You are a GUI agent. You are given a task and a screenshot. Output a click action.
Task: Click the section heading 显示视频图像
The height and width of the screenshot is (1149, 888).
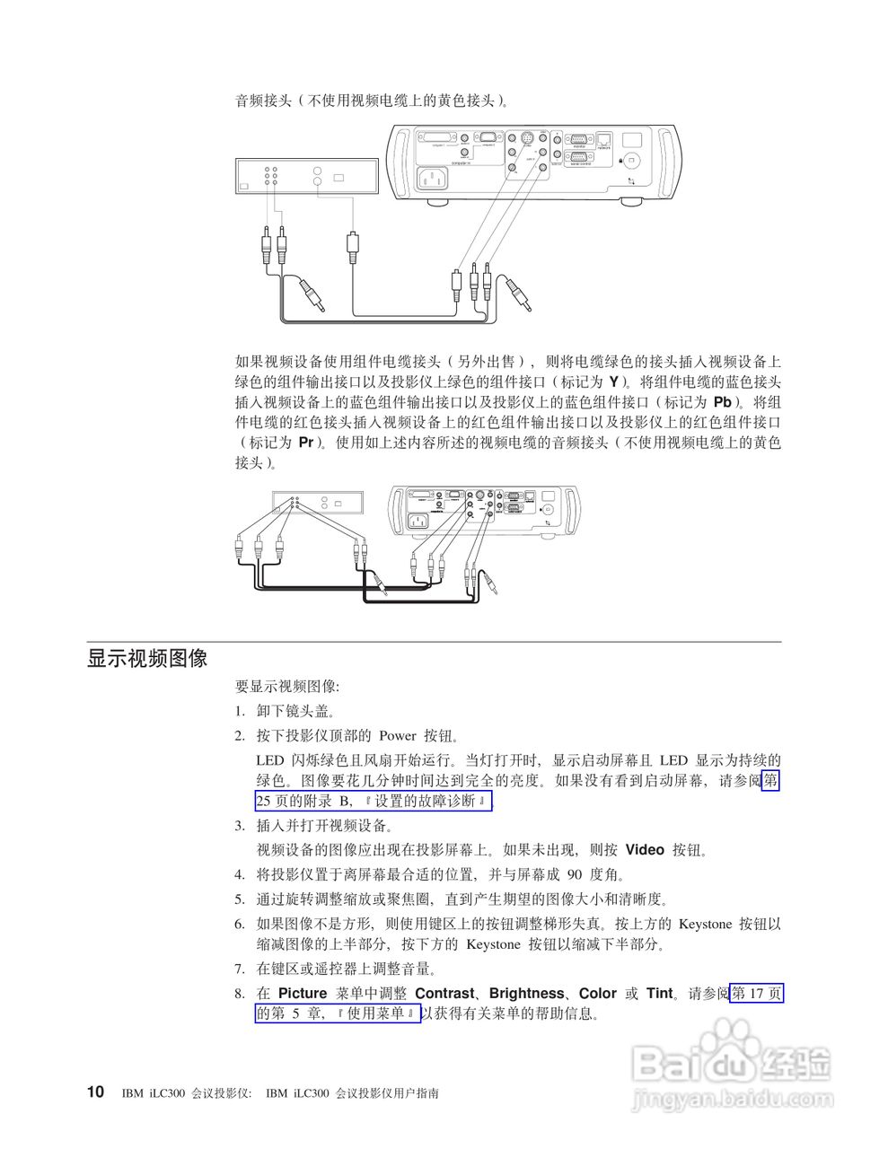pos(147,659)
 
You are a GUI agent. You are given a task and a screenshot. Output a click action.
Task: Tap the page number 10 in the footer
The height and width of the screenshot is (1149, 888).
pos(95,1092)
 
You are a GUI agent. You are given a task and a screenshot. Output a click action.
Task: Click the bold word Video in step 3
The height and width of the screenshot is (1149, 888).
pos(644,849)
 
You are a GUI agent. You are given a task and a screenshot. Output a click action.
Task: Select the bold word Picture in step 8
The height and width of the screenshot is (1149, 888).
pos(303,993)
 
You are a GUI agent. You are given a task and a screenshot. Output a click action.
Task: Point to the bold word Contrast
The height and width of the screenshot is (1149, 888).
pos(444,993)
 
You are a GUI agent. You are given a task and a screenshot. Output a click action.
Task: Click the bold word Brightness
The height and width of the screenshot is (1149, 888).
pos(526,993)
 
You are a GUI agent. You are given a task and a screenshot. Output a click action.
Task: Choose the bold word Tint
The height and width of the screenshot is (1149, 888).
pos(659,993)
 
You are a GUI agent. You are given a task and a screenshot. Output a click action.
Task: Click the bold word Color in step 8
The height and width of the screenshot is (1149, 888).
pos(597,993)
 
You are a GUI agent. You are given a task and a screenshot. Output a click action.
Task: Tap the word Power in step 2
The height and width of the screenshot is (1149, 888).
pos(397,735)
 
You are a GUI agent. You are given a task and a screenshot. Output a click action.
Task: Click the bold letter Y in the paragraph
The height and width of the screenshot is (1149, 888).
pos(613,382)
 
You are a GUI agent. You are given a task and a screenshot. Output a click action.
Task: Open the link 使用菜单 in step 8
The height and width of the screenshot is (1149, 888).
pos(376,1014)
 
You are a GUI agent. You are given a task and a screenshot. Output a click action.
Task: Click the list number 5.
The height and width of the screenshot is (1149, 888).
pos(240,899)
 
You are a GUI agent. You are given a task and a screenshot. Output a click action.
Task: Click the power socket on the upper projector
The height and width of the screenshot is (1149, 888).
pos(431,180)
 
